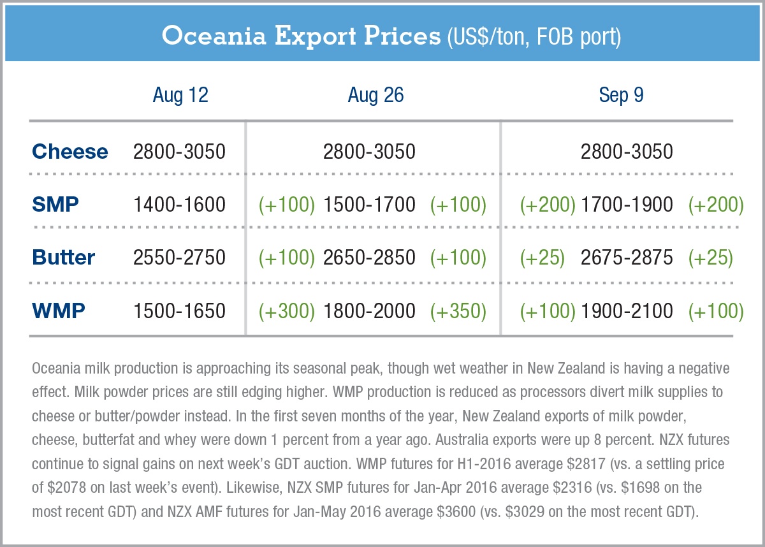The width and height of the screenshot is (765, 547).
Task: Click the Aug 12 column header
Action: tap(180, 96)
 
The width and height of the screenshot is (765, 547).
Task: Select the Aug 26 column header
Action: tap(375, 96)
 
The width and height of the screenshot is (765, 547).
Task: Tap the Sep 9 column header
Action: tap(621, 96)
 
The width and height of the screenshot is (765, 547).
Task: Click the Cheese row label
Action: tap(70, 152)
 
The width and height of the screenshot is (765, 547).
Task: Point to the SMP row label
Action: tap(55, 205)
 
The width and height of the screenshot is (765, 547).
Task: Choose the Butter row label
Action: tap(64, 258)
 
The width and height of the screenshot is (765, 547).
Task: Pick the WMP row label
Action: tap(58, 311)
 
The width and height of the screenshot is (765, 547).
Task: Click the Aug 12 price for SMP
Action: tap(179, 205)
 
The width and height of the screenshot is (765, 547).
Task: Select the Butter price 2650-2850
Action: tap(370, 258)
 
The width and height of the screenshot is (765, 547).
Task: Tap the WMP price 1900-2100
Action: tap(627, 311)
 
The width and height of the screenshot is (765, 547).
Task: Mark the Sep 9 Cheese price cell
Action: tap(627, 152)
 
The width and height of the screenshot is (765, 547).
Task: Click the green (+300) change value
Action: tap(287, 311)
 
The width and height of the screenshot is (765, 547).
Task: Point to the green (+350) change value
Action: tap(458, 311)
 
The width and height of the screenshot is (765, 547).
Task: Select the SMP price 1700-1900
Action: tap(627, 205)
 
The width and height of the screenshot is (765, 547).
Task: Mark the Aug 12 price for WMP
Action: tap(179, 311)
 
